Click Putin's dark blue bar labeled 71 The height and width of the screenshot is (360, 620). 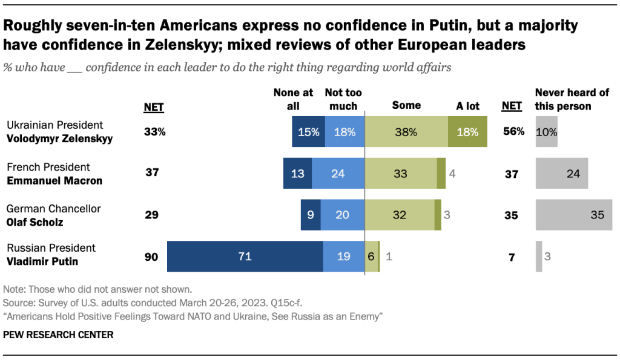[x=245, y=257]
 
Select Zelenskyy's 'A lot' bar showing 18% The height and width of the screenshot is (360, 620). [x=467, y=131]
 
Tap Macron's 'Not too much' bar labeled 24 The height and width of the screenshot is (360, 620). [x=338, y=173]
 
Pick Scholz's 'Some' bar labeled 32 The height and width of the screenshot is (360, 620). [x=399, y=215]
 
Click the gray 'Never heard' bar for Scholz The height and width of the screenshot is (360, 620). [x=573, y=215]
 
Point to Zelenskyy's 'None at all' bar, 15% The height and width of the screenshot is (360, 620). [x=308, y=131]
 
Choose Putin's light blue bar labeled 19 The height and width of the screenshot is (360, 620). [x=343, y=257]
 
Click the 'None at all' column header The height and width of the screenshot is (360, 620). [x=293, y=99]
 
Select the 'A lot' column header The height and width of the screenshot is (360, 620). [x=467, y=106]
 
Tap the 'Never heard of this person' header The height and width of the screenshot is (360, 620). [x=564, y=99]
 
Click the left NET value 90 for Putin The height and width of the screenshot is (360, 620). [x=151, y=257]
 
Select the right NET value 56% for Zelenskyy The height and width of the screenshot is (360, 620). [x=513, y=131]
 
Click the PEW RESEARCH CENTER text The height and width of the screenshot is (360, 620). [x=58, y=334]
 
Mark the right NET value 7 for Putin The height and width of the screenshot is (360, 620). [x=512, y=257]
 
